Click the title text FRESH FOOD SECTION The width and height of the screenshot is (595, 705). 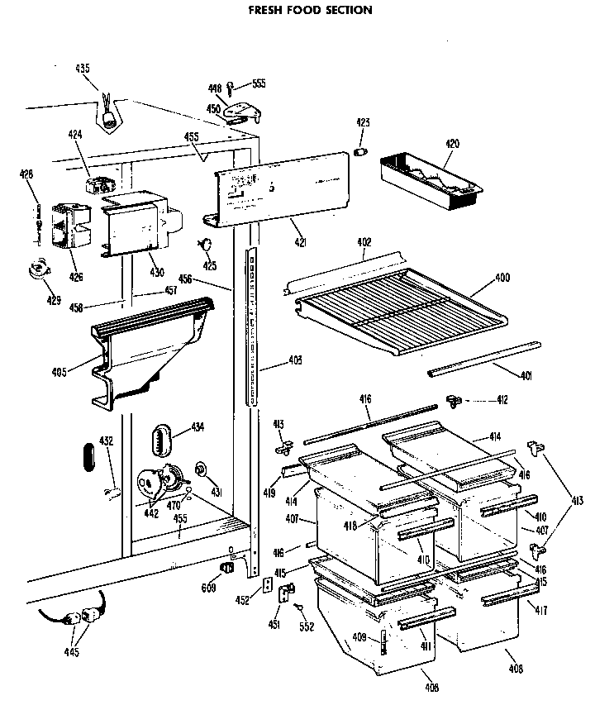pyautogui.click(x=299, y=11)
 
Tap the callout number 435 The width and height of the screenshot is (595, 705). pyautogui.click(x=83, y=69)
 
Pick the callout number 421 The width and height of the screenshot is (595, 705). pyautogui.click(x=301, y=242)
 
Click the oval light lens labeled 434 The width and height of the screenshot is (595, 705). pyautogui.click(x=161, y=437)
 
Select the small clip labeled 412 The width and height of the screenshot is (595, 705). pyautogui.click(x=452, y=400)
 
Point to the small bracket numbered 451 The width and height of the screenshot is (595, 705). pyautogui.click(x=286, y=593)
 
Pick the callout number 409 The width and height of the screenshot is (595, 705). pyautogui.click(x=360, y=636)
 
